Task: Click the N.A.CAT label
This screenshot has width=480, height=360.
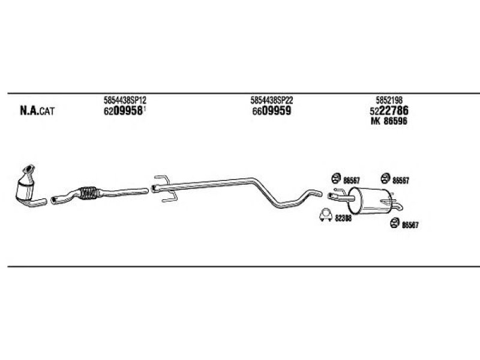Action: click(37, 110)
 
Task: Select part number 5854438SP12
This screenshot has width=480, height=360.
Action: click(125, 101)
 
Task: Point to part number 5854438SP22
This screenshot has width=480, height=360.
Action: click(271, 101)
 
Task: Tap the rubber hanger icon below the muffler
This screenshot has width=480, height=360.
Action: click(394, 223)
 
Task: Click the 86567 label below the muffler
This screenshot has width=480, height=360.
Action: click(410, 225)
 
